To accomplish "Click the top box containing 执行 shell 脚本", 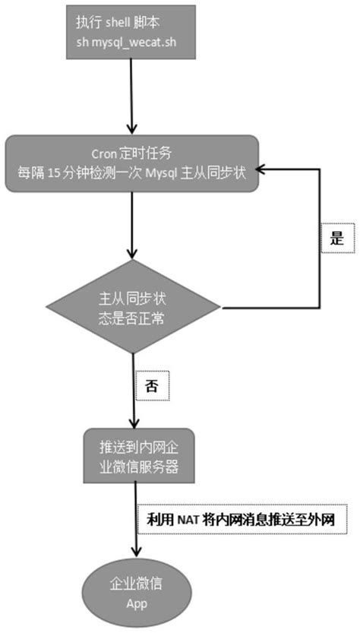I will (x=134, y=32).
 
